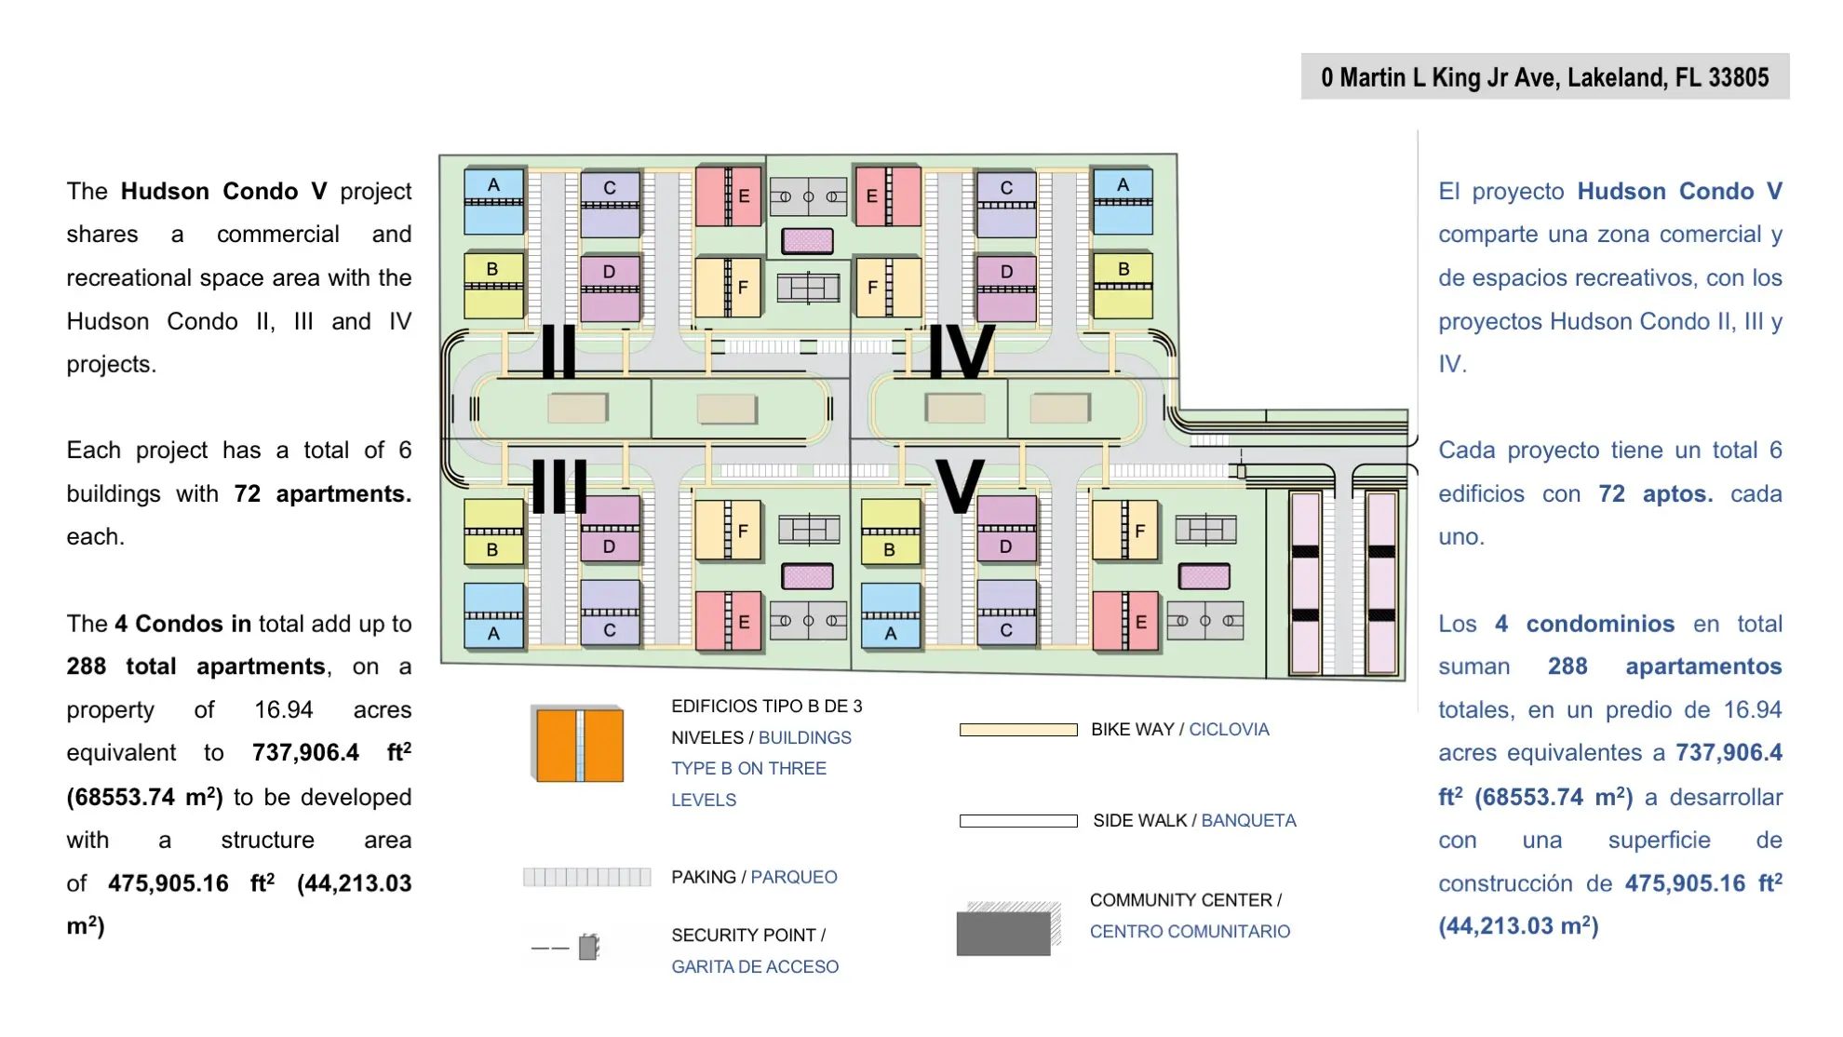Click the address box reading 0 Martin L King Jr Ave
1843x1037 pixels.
pyautogui.click(x=1544, y=76)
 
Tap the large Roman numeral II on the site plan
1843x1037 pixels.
pyautogui.click(x=558, y=351)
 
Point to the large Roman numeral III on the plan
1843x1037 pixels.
pyautogui.click(x=559, y=486)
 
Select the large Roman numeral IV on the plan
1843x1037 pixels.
pyautogui.click(x=962, y=351)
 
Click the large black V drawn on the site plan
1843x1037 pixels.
pyautogui.click(x=960, y=485)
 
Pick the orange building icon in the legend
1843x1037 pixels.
pyautogui.click(x=579, y=745)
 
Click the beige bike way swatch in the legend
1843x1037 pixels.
pyautogui.click(x=1018, y=730)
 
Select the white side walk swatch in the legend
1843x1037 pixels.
pyautogui.click(x=1018, y=821)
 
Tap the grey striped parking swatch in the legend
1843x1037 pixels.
pyautogui.click(x=586, y=877)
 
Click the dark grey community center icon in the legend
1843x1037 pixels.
pyautogui.click(x=1008, y=928)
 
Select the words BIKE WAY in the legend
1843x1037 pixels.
pyautogui.click(x=1132, y=730)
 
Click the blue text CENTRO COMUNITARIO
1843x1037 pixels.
pyautogui.click(x=1190, y=932)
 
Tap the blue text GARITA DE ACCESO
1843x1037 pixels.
pyautogui.click(x=755, y=967)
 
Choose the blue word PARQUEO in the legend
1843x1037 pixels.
pyautogui.click(x=794, y=878)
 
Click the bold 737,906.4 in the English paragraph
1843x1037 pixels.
pyautogui.click(x=305, y=752)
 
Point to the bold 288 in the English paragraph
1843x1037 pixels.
pyautogui.click(x=86, y=667)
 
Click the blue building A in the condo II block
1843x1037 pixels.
pyautogui.click(x=493, y=201)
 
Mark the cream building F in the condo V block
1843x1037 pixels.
pyautogui.click(x=1125, y=531)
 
